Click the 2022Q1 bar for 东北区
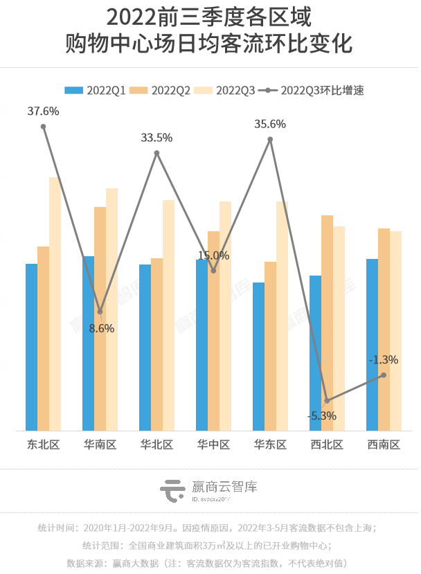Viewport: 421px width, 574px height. click(x=31, y=346)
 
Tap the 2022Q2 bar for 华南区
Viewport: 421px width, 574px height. click(x=100, y=319)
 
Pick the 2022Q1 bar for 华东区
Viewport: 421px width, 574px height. click(x=258, y=356)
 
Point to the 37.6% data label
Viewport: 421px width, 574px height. click(x=43, y=111)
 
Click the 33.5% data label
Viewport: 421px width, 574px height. click(x=156, y=138)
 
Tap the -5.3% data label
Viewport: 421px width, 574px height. click(x=322, y=416)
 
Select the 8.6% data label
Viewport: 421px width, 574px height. click(x=102, y=328)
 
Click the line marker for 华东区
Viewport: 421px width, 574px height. click(x=270, y=139)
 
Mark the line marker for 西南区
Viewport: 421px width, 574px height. click(x=384, y=375)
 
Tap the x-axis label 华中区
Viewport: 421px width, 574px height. click(x=213, y=444)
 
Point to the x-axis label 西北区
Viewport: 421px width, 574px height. click(x=327, y=444)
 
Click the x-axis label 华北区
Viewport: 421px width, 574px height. click(x=156, y=444)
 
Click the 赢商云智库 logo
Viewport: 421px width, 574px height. click(x=208, y=490)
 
